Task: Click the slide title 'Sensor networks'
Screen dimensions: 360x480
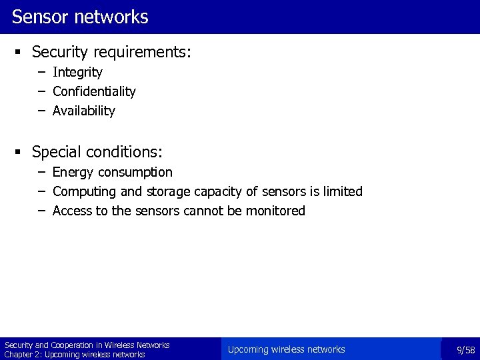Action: click(x=80, y=17)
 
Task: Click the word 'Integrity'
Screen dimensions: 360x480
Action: click(x=77, y=72)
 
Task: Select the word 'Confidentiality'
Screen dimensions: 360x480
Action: click(x=94, y=91)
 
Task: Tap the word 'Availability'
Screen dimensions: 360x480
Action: click(x=84, y=111)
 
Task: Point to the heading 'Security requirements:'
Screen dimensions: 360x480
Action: click(x=111, y=51)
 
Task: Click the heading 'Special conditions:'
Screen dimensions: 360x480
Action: click(x=97, y=152)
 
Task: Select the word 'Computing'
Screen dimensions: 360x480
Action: click(x=83, y=192)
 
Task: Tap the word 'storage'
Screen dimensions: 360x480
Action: click(x=169, y=192)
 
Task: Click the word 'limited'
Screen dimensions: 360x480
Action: click(x=343, y=192)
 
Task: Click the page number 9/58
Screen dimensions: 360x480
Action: click(x=465, y=350)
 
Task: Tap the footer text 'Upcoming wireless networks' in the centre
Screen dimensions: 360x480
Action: click(x=286, y=349)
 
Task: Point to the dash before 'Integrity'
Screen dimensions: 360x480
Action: click(x=42, y=71)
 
